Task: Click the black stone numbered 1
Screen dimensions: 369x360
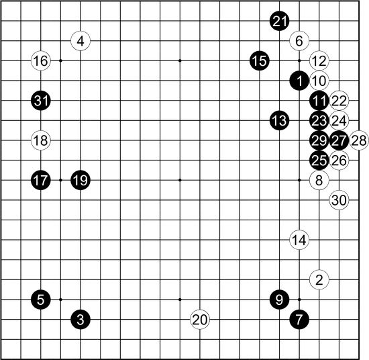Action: point(299,81)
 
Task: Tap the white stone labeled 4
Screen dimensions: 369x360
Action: point(81,41)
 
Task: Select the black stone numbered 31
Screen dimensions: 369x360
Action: point(41,101)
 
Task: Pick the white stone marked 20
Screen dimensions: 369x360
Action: point(200,320)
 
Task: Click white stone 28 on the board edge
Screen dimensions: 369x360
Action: point(359,140)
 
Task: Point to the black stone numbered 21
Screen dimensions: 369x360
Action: point(279,21)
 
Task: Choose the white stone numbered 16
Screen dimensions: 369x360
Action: point(41,61)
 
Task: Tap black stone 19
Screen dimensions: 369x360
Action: point(81,180)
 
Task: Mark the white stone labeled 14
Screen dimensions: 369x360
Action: point(299,240)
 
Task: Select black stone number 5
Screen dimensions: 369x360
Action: point(41,300)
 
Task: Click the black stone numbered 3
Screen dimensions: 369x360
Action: point(81,320)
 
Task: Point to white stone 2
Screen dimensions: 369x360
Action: point(319,279)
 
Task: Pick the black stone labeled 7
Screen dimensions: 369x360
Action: point(299,320)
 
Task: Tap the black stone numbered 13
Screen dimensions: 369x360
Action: point(279,121)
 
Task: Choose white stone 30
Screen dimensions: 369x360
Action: point(339,200)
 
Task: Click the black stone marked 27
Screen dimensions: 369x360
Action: point(339,140)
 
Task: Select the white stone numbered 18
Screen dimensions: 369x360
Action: point(41,140)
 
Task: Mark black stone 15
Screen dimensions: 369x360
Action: point(260,61)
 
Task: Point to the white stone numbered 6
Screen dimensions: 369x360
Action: point(299,41)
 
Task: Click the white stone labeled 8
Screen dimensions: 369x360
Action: point(319,180)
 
